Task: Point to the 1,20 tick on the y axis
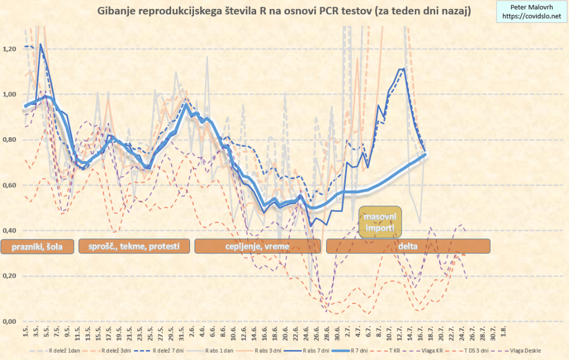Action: click(10, 49)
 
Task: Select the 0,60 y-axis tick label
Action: click(10, 185)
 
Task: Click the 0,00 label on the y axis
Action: click(10, 321)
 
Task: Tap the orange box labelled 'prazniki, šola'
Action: click(38, 246)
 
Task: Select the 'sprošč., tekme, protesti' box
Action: click(134, 246)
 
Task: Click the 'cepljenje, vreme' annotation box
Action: click(257, 246)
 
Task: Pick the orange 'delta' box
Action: click(408, 246)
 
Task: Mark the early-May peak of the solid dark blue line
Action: click(41, 44)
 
